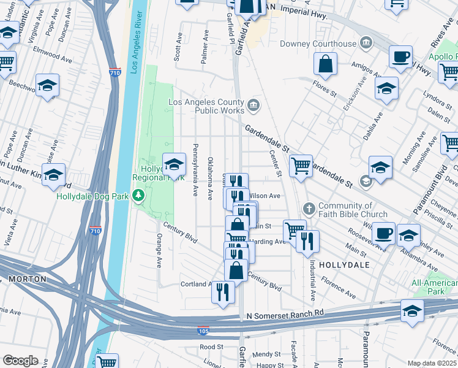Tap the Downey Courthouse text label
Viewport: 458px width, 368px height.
point(318,44)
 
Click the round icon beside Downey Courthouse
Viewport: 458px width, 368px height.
point(366,43)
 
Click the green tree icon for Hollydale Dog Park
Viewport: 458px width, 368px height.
point(140,196)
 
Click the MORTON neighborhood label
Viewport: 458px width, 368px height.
point(27,278)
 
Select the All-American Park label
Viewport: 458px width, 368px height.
point(434,287)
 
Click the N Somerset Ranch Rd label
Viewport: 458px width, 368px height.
point(285,314)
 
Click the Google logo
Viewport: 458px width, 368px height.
point(20,361)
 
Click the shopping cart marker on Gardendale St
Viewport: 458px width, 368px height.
point(301,166)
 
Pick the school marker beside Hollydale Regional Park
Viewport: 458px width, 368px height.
point(174,164)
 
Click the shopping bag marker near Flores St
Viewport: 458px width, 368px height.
point(326,64)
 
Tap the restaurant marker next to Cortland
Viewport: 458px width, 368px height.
point(223,291)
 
